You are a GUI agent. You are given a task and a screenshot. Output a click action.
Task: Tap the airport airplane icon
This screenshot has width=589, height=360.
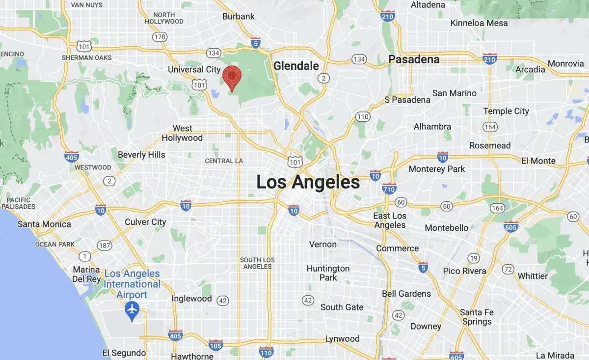[x=132, y=310]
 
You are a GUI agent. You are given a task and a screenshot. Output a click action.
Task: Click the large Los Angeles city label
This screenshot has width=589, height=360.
[x=308, y=182]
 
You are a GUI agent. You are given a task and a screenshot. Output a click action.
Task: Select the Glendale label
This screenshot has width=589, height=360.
[x=296, y=66]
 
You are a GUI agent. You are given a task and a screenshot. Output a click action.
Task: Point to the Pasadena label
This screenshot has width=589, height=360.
[x=414, y=59]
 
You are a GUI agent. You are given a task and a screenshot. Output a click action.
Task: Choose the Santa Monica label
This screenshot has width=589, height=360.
[x=44, y=224]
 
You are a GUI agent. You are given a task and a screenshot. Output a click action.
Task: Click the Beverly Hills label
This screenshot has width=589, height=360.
[x=141, y=155]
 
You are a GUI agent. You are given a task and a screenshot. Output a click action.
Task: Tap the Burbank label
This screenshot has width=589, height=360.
[x=239, y=16]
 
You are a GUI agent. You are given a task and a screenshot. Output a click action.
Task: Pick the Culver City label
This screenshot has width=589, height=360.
[x=145, y=222]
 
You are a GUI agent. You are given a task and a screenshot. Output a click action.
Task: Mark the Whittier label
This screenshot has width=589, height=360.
[x=533, y=276]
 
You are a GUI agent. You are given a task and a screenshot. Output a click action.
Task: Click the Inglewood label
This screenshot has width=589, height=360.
[x=191, y=299]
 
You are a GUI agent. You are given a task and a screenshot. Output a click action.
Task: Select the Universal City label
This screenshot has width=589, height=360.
[x=194, y=70]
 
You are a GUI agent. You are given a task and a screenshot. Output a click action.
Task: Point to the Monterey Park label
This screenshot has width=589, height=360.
[x=437, y=169]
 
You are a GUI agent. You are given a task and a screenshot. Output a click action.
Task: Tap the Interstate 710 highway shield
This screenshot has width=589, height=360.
[x=389, y=188]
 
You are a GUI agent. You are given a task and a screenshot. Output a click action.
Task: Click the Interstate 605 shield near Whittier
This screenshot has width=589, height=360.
[x=511, y=226]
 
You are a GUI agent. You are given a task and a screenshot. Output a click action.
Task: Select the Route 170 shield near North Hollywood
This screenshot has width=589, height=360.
[x=159, y=37]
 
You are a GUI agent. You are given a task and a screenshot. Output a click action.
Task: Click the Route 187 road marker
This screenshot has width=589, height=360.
[x=104, y=245]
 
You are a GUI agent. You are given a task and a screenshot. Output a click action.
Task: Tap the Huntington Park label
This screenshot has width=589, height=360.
[x=328, y=273]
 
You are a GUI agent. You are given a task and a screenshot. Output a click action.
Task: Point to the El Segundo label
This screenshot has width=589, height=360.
[x=124, y=353]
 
